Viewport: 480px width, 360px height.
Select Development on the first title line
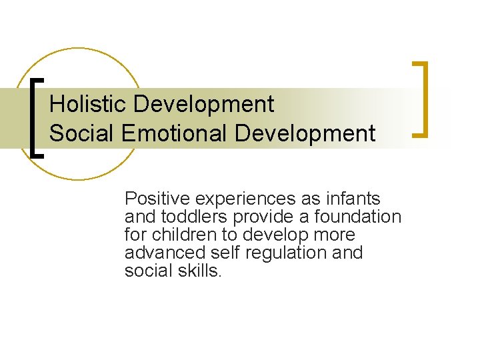tap(203, 104)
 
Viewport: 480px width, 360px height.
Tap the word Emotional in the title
tap(177, 133)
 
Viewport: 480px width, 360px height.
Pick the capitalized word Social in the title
tap(82, 133)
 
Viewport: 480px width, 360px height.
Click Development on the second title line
tap(305, 133)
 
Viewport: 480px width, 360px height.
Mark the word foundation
tap(359, 217)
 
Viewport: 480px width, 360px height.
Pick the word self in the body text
tap(223, 253)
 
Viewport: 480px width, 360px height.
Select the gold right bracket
tap(421, 99)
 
